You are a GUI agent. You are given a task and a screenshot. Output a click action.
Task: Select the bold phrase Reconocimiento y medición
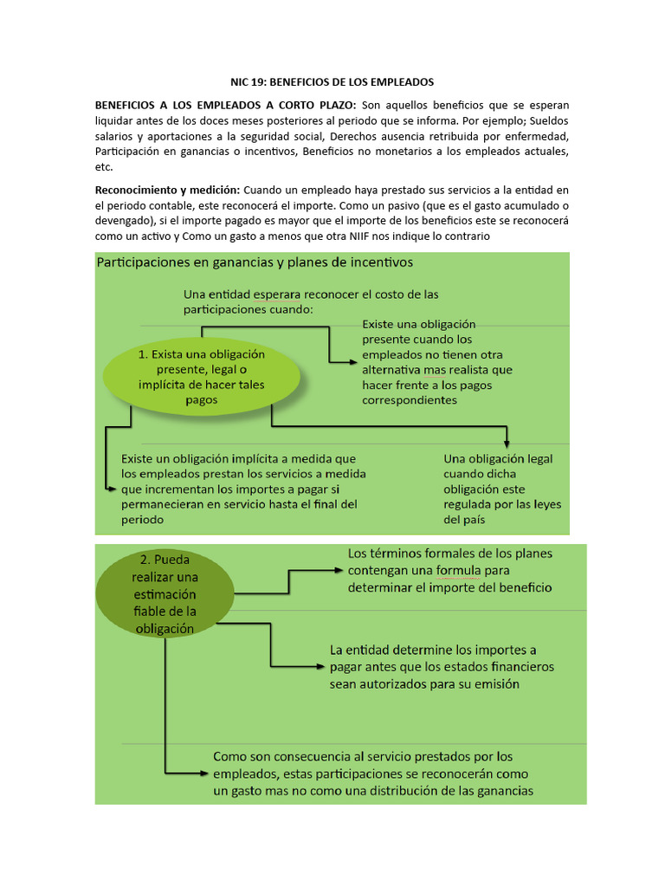click(x=168, y=190)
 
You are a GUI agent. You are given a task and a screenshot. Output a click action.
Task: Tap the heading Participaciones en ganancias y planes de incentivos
click(x=255, y=261)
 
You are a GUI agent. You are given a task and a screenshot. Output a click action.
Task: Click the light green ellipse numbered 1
click(x=202, y=377)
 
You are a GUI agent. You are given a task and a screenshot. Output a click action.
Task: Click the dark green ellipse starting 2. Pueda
click(x=165, y=594)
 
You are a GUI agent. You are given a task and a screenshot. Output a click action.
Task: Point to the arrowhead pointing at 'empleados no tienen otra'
click(x=351, y=361)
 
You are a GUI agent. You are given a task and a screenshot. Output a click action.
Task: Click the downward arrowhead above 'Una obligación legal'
click(x=508, y=441)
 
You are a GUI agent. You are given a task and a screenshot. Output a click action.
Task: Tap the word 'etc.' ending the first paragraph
click(x=104, y=167)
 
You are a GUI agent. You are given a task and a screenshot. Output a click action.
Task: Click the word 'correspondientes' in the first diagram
click(x=410, y=400)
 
